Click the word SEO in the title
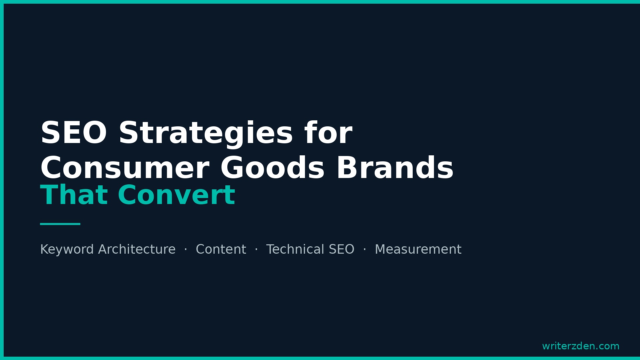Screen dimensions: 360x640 click(73, 133)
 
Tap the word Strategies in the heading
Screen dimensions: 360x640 click(206, 133)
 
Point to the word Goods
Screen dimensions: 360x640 click(272, 168)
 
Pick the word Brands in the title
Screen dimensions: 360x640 click(395, 168)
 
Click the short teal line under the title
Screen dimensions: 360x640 click(60, 224)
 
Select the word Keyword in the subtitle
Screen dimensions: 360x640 click(67, 249)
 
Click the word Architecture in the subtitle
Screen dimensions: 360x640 click(137, 249)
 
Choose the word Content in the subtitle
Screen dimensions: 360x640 click(221, 249)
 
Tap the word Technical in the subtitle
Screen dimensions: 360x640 click(295, 249)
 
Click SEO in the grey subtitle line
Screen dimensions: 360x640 click(341, 249)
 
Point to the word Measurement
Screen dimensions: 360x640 click(418, 249)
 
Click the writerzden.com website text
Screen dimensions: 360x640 click(580, 346)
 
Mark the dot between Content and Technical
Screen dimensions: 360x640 click(256, 249)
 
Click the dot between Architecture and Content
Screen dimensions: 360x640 click(186, 249)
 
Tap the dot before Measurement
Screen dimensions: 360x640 click(365, 249)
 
